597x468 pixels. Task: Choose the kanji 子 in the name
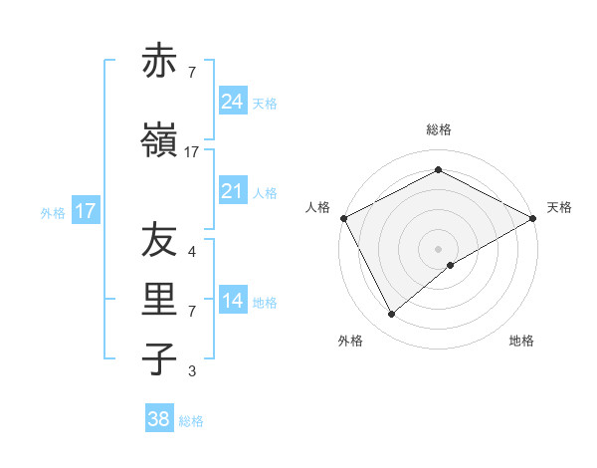pos(159,358)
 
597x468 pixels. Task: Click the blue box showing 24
pos(233,103)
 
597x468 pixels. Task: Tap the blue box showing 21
pos(233,191)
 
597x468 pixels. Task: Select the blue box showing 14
pos(233,301)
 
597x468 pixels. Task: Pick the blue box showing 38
pos(159,419)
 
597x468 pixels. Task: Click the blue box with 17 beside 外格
pos(86,211)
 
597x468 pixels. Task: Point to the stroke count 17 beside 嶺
pos(192,151)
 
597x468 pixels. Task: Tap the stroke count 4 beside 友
pos(192,252)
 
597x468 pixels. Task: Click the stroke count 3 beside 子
pos(192,371)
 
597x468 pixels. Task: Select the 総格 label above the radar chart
pos(439,129)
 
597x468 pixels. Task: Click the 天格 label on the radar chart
pos(559,207)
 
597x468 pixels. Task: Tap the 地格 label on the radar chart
pos(521,341)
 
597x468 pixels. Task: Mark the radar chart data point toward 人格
pos(343,218)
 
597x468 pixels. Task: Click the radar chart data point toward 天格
pos(533,218)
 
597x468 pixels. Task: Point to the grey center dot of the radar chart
pos(439,248)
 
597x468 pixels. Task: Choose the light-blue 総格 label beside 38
pos(191,421)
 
